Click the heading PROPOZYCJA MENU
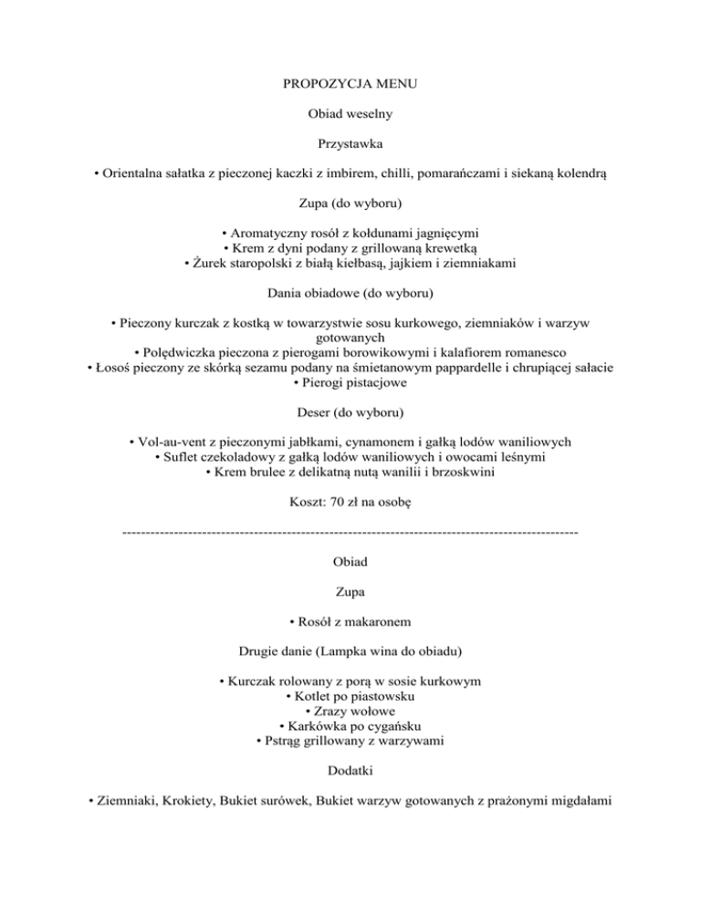pos(350,88)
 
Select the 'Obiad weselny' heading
pos(350,116)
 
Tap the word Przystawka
pos(350,144)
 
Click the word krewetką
pos(449,247)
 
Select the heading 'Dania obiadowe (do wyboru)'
pos(350,293)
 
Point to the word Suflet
pos(184,456)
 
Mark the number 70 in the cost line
pos(338,501)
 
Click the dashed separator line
pos(350,531)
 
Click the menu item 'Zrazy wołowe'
pos(350,711)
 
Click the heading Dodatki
pos(350,770)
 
